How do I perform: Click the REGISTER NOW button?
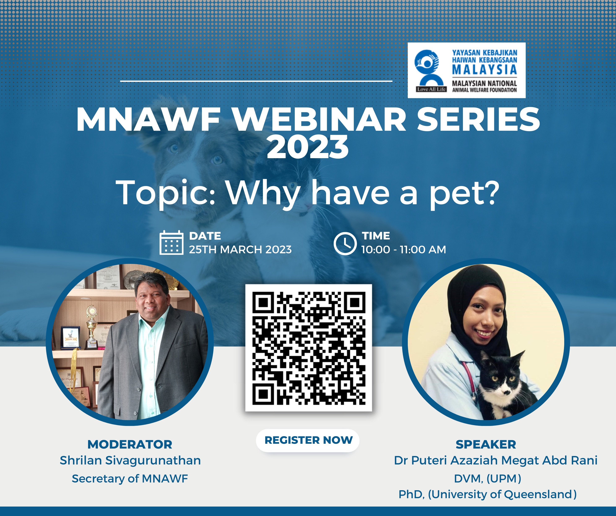[308, 440]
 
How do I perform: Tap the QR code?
[309, 348]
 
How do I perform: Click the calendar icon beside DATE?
[172, 243]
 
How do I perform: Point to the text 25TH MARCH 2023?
[240, 250]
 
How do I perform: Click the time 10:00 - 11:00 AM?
[404, 250]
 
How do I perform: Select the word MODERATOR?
[130, 445]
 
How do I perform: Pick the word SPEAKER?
[486, 445]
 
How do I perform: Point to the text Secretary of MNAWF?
[130, 479]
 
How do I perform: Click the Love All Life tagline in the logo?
[431, 89]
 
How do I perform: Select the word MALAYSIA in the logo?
[485, 70]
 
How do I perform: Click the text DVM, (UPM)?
[487, 479]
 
